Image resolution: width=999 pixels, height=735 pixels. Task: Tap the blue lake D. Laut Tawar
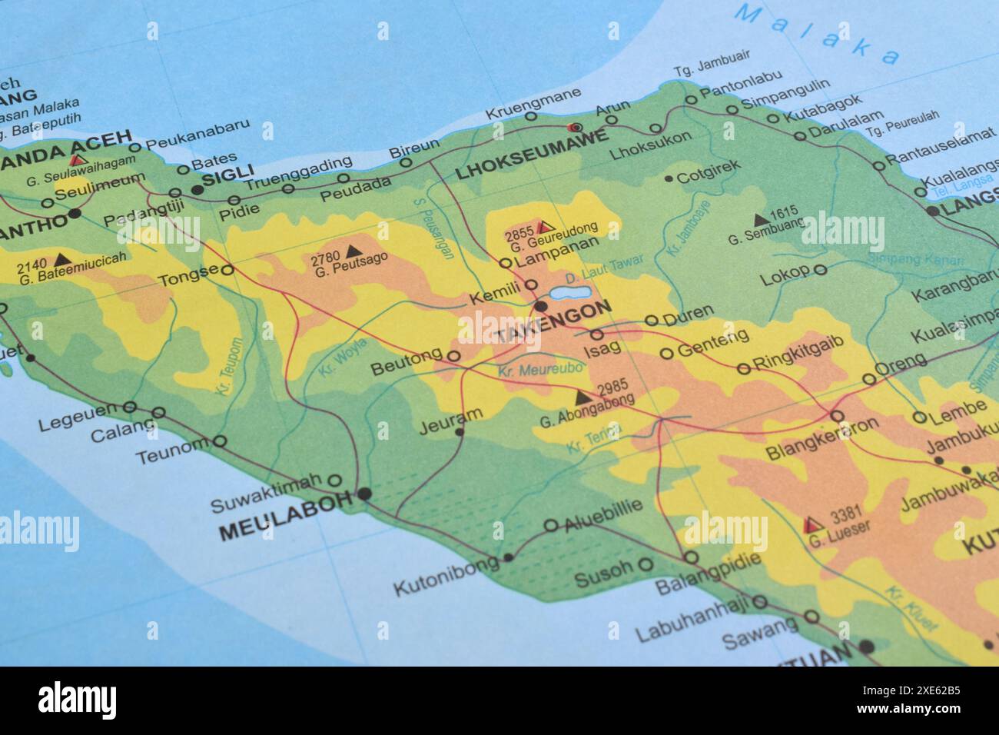pyautogui.click(x=570, y=293)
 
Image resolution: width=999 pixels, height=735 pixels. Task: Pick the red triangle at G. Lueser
pyautogui.click(x=809, y=525)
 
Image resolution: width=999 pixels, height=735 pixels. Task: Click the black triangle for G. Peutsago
pyautogui.click(x=353, y=250)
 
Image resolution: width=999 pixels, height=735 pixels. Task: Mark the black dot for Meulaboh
pyautogui.click(x=363, y=494)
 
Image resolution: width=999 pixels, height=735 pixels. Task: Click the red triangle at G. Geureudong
pyautogui.click(x=546, y=227)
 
